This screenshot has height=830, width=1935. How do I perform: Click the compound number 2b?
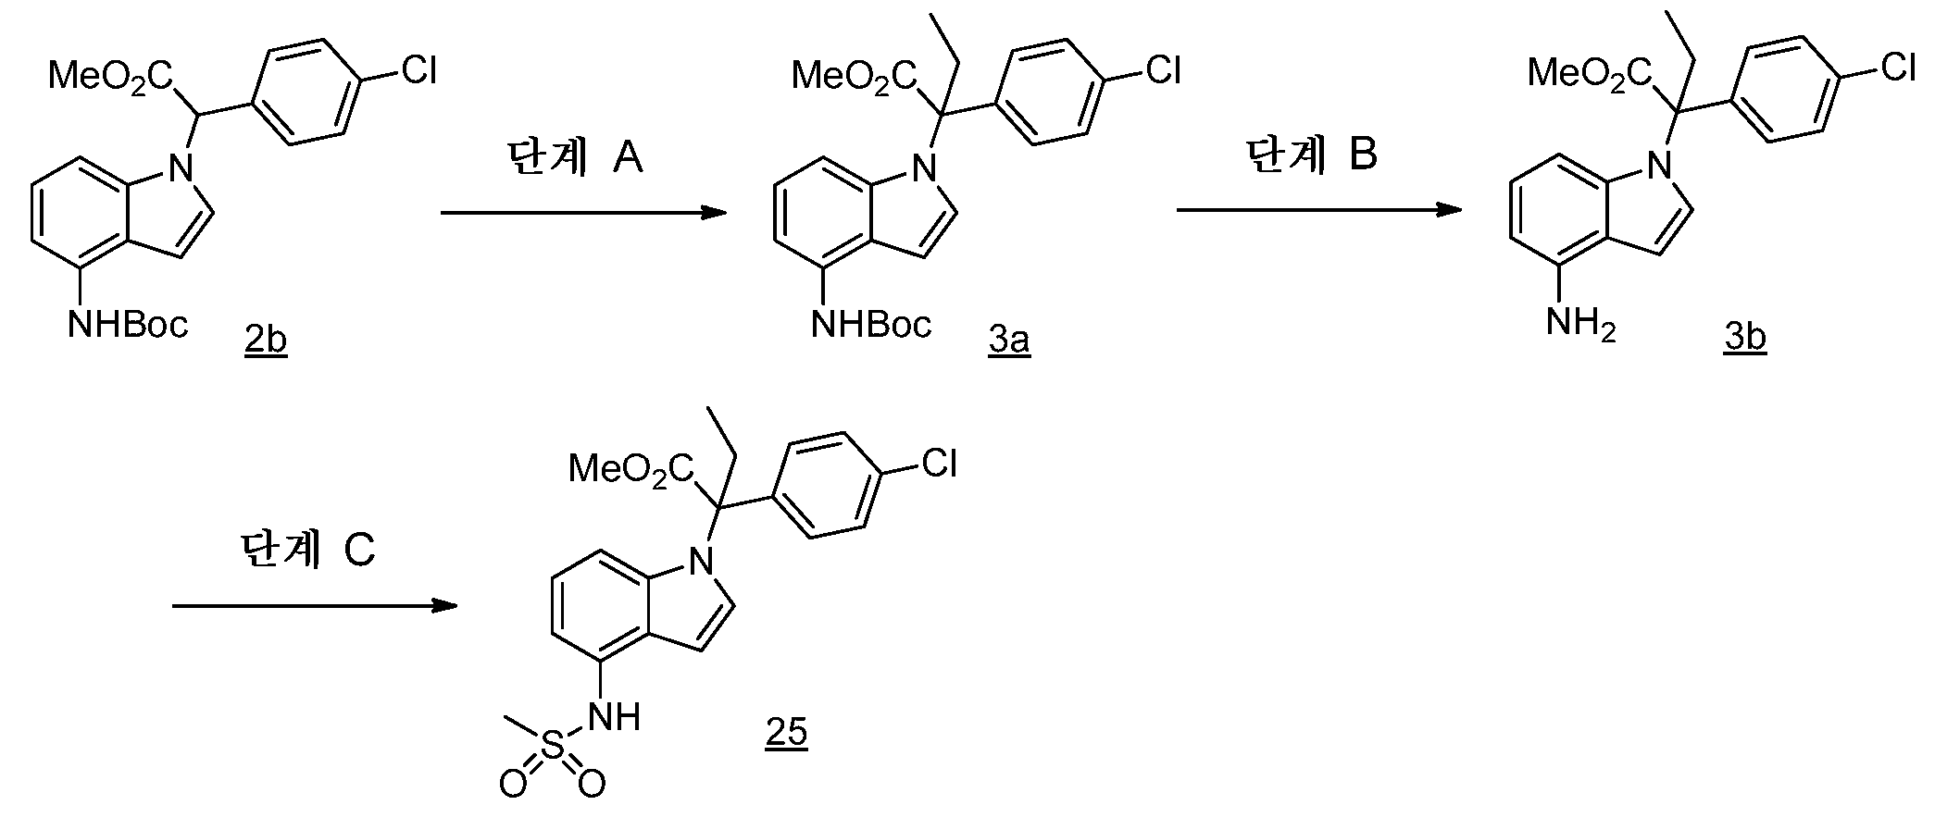(x=266, y=340)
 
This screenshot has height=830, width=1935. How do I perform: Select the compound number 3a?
(x=1009, y=340)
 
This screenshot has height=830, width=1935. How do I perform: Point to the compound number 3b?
(x=1745, y=337)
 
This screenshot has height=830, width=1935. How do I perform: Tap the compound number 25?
(x=786, y=732)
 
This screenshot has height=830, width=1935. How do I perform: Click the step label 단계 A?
(x=575, y=158)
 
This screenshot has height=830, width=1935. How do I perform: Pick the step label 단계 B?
(x=1311, y=155)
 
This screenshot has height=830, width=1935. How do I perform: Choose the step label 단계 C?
(x=307, y=551)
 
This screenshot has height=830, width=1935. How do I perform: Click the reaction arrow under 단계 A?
(x=583, y=214)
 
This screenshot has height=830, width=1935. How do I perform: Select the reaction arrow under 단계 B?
(x=1319, y=211)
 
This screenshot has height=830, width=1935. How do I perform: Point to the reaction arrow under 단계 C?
(x=315, y=606)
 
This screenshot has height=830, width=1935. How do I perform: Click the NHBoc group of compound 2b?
(x=128, y=324)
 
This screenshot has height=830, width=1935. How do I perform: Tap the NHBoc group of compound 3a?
(x=871, y=324)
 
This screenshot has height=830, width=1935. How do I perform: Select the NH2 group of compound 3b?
(x=1582, y=325)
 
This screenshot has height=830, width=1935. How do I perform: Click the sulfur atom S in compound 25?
(x=552, y=749)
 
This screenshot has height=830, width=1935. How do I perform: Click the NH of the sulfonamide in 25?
(x=614, y=714)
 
